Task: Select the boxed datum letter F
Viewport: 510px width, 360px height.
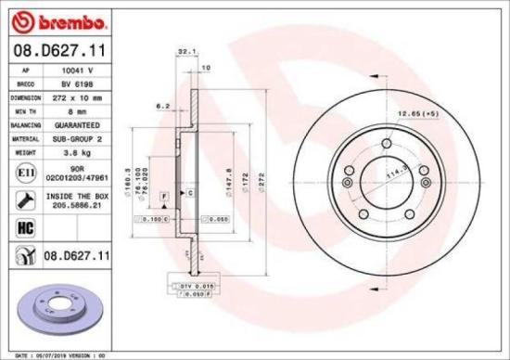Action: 163,197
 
